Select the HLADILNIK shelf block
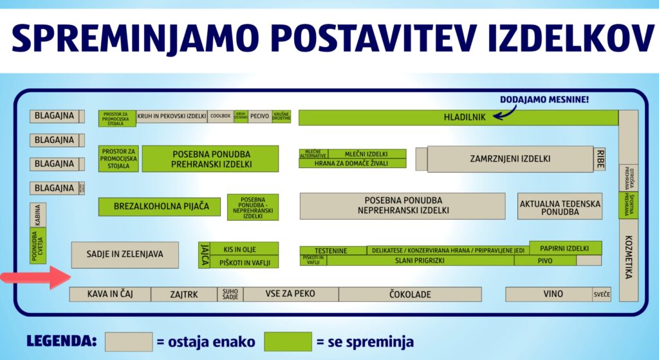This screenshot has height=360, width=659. point(458,118)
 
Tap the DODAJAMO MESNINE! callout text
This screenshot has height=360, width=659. point(544,100)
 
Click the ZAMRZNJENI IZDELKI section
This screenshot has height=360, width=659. point(510,159)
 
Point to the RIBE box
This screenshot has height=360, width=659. point(600,159)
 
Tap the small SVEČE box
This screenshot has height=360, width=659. point(602,294)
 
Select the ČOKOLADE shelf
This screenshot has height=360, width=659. point(410,294)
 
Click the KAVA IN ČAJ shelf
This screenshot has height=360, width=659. point(110,294)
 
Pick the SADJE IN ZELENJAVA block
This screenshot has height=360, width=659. point(125,254)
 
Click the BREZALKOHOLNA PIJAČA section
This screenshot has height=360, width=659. point(159,207)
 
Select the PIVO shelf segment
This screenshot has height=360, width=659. point(544,261)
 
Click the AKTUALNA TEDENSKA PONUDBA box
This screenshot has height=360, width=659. point(560,207)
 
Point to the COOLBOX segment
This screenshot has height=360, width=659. point(220,117)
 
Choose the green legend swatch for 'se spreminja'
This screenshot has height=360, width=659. point(288,341)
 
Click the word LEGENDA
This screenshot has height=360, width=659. point(62,341)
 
